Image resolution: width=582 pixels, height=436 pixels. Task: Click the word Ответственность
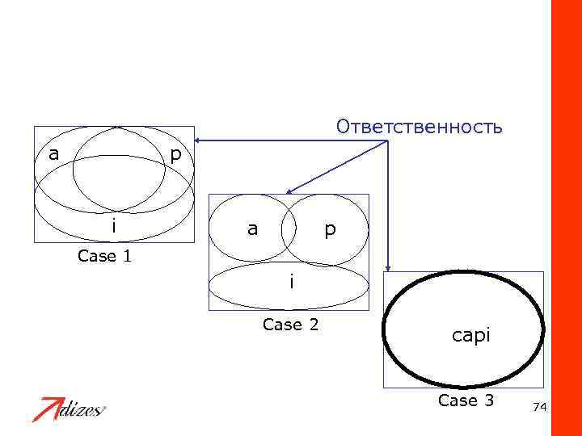point(420,128)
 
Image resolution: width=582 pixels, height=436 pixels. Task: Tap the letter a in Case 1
point(54,153)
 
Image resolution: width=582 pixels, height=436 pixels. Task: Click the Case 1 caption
point(105,257)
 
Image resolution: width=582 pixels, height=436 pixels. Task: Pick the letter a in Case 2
point(253,229)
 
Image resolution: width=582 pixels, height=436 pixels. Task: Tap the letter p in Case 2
point(328,230)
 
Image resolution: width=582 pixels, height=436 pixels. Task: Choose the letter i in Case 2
point(291,283)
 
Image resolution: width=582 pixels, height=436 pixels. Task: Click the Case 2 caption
point(291,325)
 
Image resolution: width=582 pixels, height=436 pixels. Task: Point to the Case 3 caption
point(466,400)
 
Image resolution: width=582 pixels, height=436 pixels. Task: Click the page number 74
point(540,409)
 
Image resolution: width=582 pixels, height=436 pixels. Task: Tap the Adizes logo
point(70,409)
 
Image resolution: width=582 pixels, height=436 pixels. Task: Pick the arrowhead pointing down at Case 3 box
point(389,268)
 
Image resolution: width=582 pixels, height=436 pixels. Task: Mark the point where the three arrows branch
point(388,142)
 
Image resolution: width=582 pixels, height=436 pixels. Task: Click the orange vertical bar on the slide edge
point(566,218)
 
